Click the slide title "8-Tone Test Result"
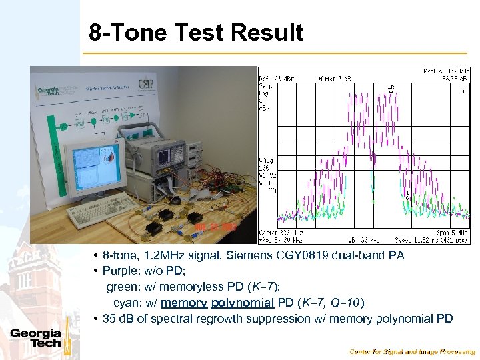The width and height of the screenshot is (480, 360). tap(196, 32)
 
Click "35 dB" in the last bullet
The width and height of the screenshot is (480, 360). tap(119, 319)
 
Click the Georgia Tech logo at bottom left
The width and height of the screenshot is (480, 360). tap(35, 338)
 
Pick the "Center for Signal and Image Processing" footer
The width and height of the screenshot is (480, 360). tap(413, 351)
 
